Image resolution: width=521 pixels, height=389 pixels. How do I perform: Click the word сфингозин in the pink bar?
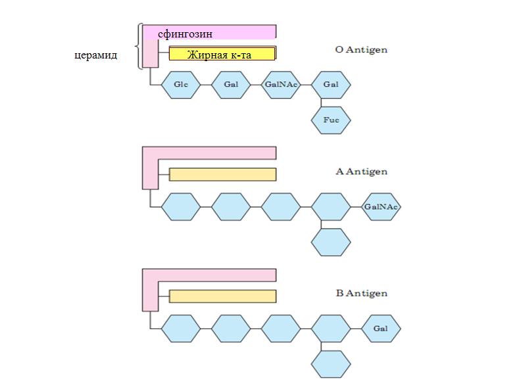point(186,33)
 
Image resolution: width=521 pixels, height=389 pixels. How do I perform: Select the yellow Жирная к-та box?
point(220,54)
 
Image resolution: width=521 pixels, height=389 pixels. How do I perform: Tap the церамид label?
point(95,55)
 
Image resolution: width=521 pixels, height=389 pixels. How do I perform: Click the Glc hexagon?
point(181,85)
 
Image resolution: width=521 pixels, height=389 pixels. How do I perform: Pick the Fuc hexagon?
point(331,121)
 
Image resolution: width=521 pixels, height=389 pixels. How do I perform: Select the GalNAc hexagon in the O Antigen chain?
point(281,85)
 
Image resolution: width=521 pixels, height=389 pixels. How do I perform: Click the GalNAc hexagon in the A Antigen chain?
point(381,207)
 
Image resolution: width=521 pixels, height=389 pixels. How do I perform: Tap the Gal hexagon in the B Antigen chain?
point(381,329)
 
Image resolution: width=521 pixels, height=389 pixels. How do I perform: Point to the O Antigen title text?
point(361,49)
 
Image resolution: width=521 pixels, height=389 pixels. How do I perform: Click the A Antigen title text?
point(361,172)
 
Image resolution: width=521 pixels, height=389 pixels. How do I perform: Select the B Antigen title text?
point(361,293)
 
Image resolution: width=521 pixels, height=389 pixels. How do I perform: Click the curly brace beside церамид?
point(137,46)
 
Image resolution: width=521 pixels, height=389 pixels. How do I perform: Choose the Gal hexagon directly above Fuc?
point(331,85)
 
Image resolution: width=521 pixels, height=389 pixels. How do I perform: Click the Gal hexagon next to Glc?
point(231,85)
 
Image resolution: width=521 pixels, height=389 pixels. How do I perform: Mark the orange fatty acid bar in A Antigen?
point(222,174)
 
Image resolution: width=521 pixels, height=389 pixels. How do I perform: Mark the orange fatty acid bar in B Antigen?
point(222,296)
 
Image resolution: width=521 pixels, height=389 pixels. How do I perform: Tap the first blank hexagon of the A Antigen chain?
point(181,207)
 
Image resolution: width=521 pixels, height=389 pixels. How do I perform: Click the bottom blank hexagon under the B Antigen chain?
point(331,364)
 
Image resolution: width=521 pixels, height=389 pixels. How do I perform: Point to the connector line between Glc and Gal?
point(206,85)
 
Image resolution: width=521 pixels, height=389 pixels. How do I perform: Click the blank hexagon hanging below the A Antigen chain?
point(331,242)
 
